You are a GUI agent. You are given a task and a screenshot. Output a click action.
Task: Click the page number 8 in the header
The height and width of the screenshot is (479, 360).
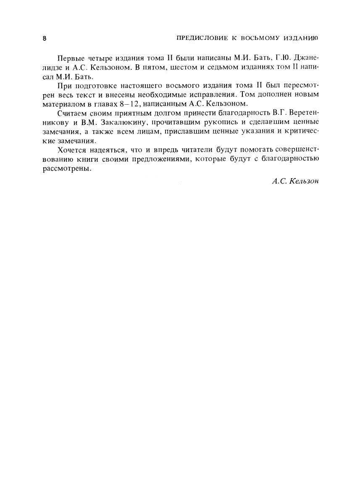pyautogui.click(x=44, y=38)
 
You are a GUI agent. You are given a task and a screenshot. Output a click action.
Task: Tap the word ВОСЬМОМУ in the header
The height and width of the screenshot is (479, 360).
pyautogui.click(x=258, y=38)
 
